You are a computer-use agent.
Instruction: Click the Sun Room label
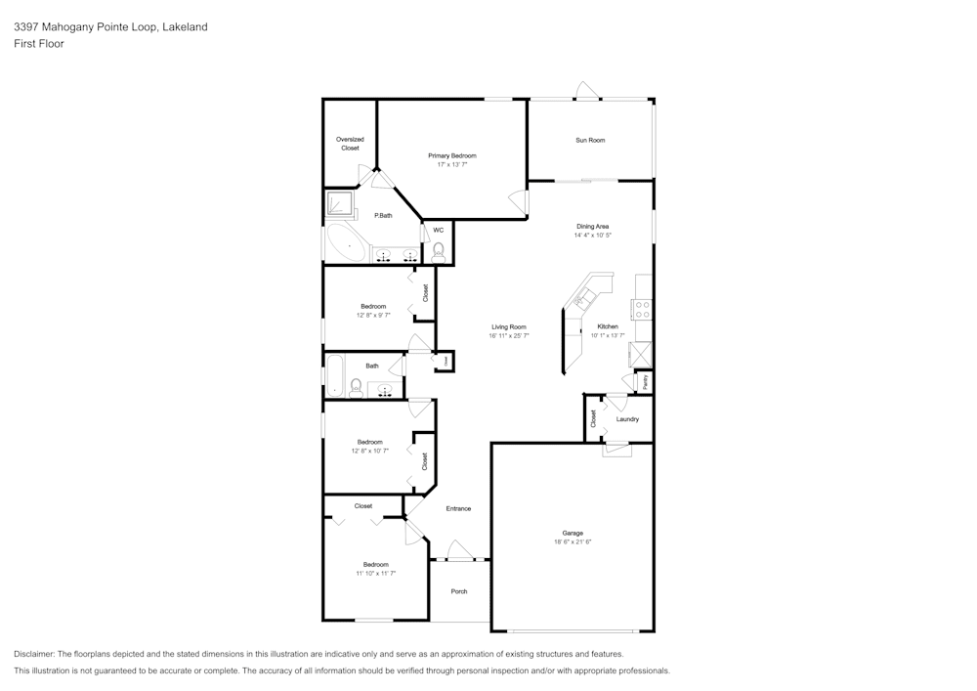click(x=590, y=140)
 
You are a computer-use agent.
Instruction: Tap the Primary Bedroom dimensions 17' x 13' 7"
click(x=452, y=164)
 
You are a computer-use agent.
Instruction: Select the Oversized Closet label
click(x=350, y=144)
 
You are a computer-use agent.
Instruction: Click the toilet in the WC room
click(x=439, y=251)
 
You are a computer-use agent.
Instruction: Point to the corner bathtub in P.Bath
click(x=343, y=241)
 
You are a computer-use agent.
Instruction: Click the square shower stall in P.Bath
click(x=341, y=203)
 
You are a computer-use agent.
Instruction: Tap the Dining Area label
click(x=592, y=226)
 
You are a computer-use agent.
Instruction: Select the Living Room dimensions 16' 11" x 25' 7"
click(x=509, y=335)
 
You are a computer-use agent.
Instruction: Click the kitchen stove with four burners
click(x=643, y=310)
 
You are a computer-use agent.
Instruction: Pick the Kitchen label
click(x=608, y=326)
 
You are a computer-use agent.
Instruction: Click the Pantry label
click(x=645, y=381)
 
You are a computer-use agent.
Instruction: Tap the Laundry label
click(x=627, y=419)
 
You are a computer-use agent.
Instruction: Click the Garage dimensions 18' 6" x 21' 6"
click(x=573, y=541)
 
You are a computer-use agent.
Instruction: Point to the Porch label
click(x=459, y=591)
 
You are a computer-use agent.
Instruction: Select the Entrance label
click(x=458, y=508)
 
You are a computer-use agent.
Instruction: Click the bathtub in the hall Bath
click(x=334, y=376)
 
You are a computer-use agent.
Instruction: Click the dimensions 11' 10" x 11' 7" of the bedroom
click(x=376, y=574)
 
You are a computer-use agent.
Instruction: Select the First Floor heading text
click(x=39, y=44)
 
